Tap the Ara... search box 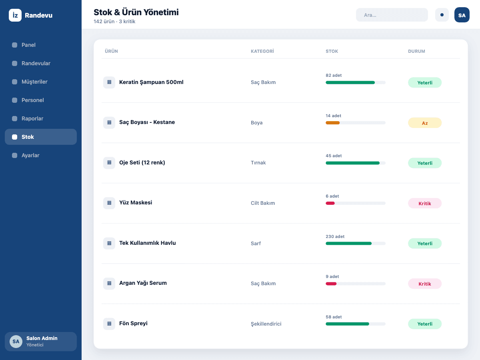click(392, 15)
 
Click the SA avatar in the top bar click(462, 15)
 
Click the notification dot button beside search click(442, 15)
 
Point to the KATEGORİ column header click(262, 51)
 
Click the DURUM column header click(416, 51)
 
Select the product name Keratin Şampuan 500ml click(151, 82)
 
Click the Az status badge click(425, 123)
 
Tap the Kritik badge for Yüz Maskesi click(425, 203)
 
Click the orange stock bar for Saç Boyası click(332, 123)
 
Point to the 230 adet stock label click(335, 236)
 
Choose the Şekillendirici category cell click(266, 324)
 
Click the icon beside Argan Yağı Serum click(109, 284)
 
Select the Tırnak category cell click(258, 163)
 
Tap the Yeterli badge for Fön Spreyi click(425, 324)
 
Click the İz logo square click(15, 15)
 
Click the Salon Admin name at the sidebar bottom click(42, 338)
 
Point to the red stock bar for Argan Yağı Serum click(331, 284)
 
